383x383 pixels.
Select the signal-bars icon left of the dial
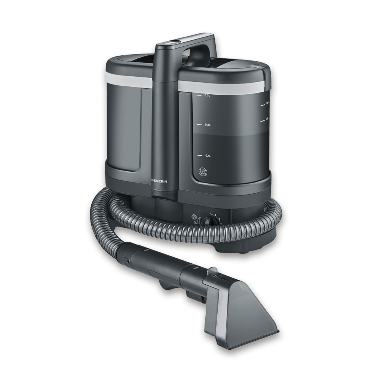pos(197,221)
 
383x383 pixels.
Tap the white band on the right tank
pos(224,85)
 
